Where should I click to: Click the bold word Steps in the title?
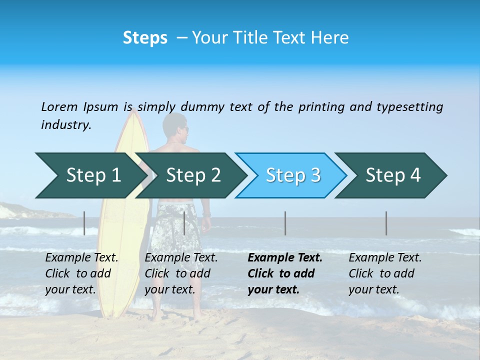click(145, 38)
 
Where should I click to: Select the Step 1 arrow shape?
click(87, 175)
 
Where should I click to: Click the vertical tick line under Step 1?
click(84, 223)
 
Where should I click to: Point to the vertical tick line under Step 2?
click(184, 223)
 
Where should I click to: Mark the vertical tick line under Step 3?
click(285, 223)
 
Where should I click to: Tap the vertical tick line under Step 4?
click(386, 223)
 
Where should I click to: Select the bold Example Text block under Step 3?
click(285, 273)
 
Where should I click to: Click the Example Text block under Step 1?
click(81, 273)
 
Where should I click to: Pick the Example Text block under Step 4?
click(385, 273)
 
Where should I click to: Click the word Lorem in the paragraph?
click(59, 106)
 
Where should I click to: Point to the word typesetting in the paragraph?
click(409, 106)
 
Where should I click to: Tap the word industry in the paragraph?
click(65, 124)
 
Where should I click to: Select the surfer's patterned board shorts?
click(175, 225)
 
